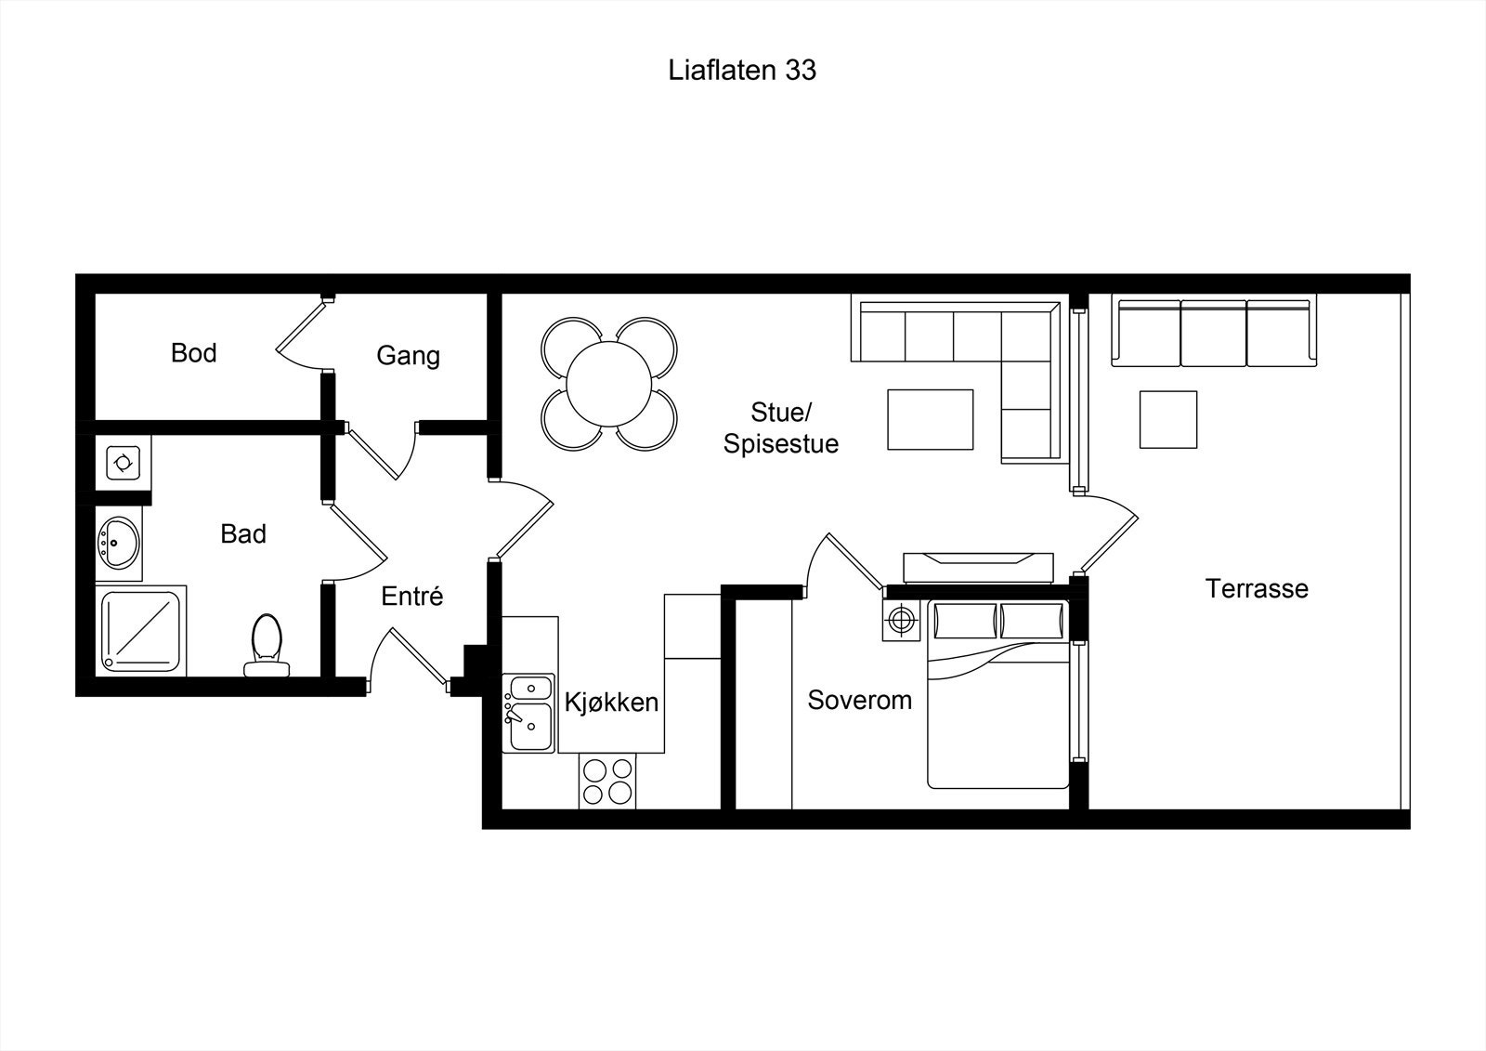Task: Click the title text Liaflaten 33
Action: pos(742,70)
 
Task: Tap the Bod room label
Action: pos(194,353)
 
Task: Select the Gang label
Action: pos(408,356)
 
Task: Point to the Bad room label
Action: pos(243,533)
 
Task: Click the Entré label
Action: pos(412,596)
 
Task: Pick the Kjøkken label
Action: pos(612,702)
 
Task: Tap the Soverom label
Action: pos(860,700)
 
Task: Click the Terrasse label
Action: pos(1257,588)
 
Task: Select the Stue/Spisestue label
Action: pos(781,428)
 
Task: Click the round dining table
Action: pos(609,384)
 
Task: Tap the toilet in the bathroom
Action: pos(267,645)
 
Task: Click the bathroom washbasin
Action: pos(119,543)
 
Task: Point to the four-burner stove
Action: pos(607,781)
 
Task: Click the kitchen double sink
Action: pos(528,713)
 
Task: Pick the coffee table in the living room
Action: pos(930,420)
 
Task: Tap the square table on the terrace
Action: pos(1168,420)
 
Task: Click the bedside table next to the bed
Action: pos(901,621)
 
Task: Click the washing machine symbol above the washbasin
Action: pos(124,462)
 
